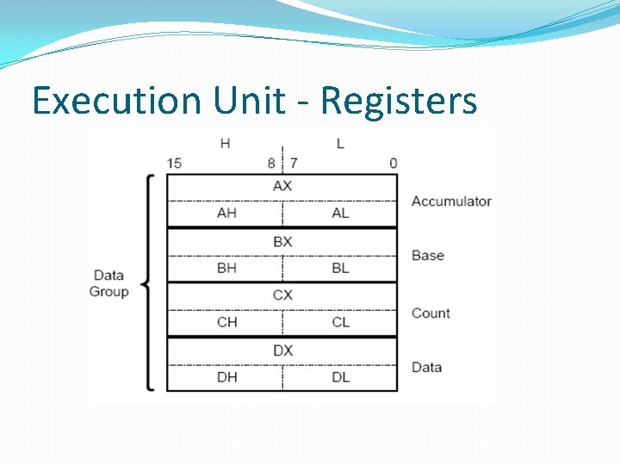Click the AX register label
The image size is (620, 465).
pyautogui.click(x=282, y=186)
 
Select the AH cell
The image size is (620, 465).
pyautogui.click(x=226, y=213)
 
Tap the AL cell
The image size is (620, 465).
pyautogui.click(x=340, y=213)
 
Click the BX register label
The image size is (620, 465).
pyautogui.click(x=282, y=241)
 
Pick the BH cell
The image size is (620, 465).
pyautogui.click(x=226, y=268)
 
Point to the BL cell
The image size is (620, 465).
pyautogui.click(x=340, y=268)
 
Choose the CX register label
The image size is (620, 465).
pyautogui.click(x=282, y=294)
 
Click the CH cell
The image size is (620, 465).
pyautogui.click(x=226, y=322)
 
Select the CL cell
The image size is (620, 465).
pyautogui.click(x=340, y=322)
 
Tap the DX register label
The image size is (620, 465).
pyautogui.click(x=282, y=350)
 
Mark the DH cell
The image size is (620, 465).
pyautogui.click(x=226, y=376)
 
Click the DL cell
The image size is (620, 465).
pyautogui.click(x=340, y=376)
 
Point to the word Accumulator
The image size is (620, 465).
pyautogui.click(x=451, y=201)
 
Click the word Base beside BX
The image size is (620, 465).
pyautogui.click(x=428, y=256)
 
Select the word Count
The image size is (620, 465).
pyautogui.click(x=431, y=313)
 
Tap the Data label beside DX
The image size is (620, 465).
pyautogui.click(x=427, y=367)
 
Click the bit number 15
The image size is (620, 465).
pyautogui.click(x=174, y=163)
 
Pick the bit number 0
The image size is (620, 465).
pyautogui.click(x=394, y=163)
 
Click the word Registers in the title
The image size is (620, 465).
pyautogui.click(x=399, y=101)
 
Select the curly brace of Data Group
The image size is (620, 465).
pyautogui.click(x=148, y=283)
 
